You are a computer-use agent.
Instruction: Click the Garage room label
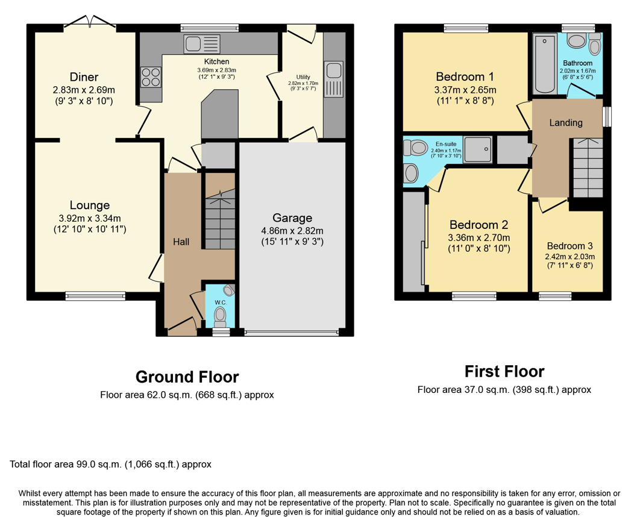point(292,218)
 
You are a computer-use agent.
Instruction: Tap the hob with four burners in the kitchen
point(151,77)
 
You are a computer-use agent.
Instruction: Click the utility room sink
point(333,79)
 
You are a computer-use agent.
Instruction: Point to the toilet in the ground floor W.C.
point(221,314)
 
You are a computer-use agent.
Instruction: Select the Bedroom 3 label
point(569,246)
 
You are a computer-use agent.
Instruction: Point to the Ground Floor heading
point(187,377)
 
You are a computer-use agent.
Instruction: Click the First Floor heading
point(504,371)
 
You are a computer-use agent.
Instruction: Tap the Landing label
point(566,123)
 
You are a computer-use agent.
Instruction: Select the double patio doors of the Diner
point(90,24)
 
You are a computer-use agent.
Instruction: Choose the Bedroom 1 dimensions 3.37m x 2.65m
point(465,90)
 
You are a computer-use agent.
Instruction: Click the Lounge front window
point(95,295)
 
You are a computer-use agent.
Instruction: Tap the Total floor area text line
point(110,465)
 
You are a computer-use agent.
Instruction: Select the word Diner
point(84,77)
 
